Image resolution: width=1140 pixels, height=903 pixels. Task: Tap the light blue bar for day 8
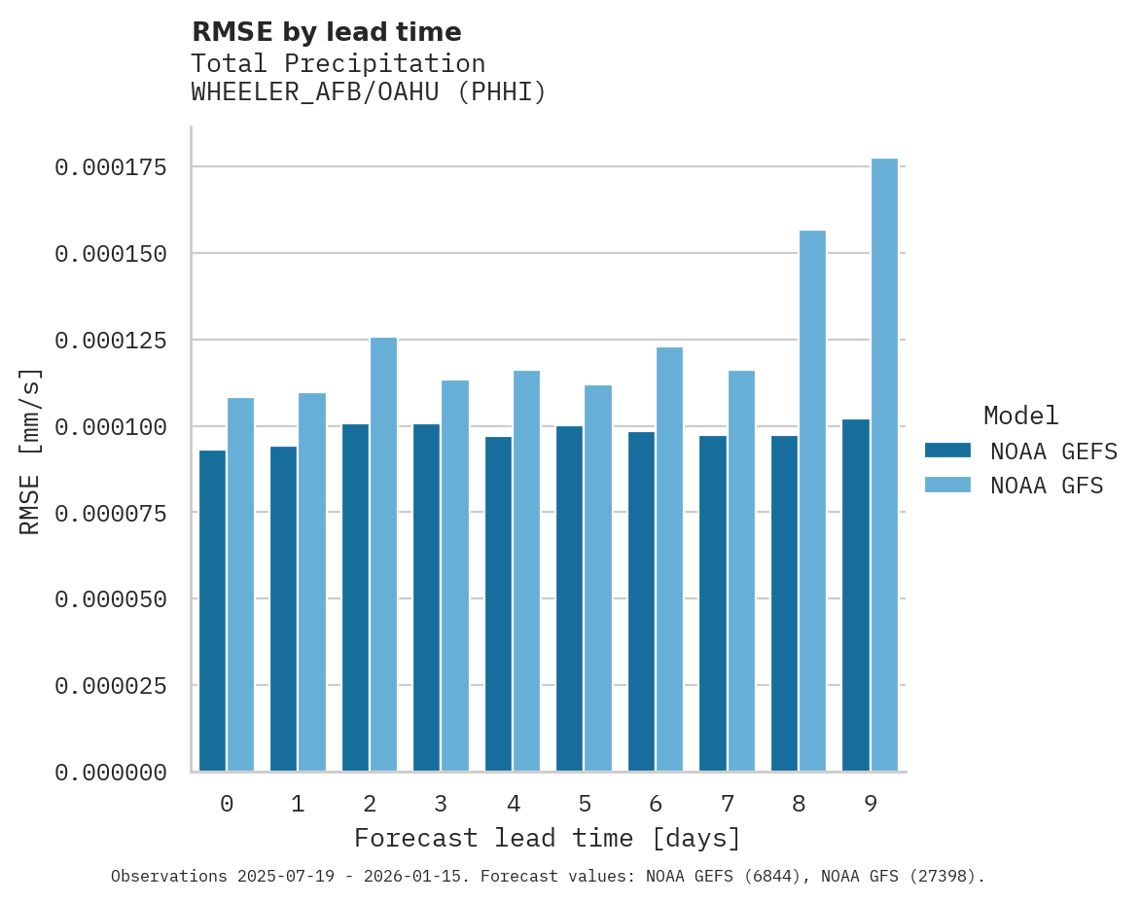point(812,501)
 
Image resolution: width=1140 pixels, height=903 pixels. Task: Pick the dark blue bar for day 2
point(355,597)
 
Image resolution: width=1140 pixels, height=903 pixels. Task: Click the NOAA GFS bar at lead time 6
point(669,560)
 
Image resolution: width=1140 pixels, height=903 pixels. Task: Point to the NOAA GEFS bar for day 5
point(570,598)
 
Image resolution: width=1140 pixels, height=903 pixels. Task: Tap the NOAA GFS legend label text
point(1047,486)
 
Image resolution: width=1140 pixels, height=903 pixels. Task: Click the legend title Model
point(1020,415)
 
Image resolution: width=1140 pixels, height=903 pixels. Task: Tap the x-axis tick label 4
point(513,804)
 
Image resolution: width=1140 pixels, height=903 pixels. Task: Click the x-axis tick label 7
point(728,804)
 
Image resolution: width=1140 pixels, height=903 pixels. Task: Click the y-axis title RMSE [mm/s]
point(30,451)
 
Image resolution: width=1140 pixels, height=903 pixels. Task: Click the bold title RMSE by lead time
point(326,32)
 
